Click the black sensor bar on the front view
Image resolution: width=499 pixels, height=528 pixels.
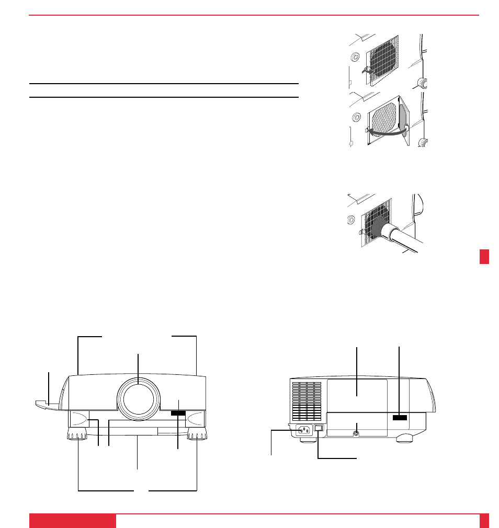tap(178, 414)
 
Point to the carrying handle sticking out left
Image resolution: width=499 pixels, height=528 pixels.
tap(48, 403)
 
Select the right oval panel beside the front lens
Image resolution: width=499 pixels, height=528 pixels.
tap(197, 418)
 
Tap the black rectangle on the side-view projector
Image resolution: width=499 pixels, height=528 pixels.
tap(399, 417)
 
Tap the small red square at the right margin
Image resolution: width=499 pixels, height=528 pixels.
tap(484, 257)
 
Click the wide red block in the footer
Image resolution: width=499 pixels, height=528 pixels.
tap(72, 521)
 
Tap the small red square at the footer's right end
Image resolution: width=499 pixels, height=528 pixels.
tap(484, 521)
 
